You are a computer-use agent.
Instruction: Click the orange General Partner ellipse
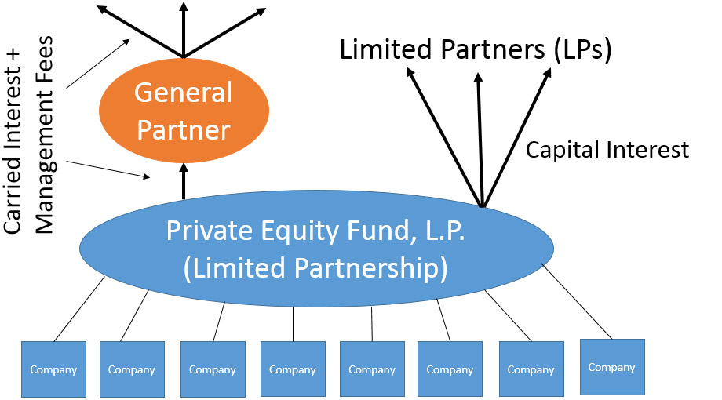tap(184, 111)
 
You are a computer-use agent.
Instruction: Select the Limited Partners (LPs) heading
tap(476, 49)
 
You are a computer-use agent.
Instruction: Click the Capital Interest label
tap(607, 150)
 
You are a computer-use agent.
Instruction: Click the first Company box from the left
tap(53, 369)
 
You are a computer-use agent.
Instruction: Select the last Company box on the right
tap(612, 367)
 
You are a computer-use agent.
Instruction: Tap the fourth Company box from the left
tap(293, 369)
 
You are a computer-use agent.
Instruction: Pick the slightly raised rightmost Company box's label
tap(611, 367)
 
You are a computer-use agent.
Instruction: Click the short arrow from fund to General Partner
tap(184, 181)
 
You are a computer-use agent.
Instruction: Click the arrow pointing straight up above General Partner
tap(184, 30)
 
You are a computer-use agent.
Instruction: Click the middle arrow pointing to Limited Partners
tap(480, 140)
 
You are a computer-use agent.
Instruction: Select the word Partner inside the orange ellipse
tap(184, 130)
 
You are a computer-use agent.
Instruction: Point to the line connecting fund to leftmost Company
tap(79, 309)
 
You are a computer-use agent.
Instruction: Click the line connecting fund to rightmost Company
tap(577, 301)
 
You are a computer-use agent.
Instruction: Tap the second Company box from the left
tap(132, 369)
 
